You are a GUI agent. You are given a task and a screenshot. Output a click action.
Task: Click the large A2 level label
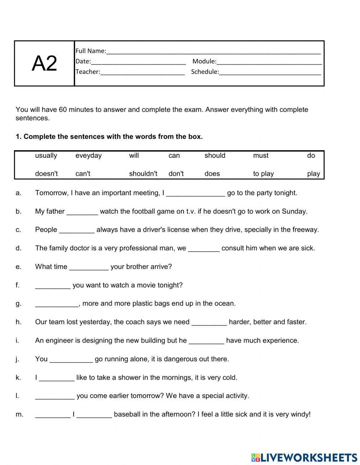[x=44, y=64]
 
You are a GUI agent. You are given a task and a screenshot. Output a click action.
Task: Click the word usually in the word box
[x=46, y=156]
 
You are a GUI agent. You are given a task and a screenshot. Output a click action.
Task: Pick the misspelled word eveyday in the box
[x=89, y=156]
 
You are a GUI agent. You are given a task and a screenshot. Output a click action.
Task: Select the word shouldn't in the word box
[x=143, y=174]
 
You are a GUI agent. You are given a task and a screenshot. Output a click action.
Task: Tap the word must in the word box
[x=261, y=156]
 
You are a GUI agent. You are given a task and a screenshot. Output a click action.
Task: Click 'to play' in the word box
[x=264, y=174]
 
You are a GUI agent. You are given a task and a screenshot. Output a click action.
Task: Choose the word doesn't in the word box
[x=46, y=174]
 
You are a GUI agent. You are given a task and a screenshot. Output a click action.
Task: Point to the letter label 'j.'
[x=17, y=359]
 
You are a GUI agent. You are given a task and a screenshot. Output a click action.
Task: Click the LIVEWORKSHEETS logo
[x=304, y=457]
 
